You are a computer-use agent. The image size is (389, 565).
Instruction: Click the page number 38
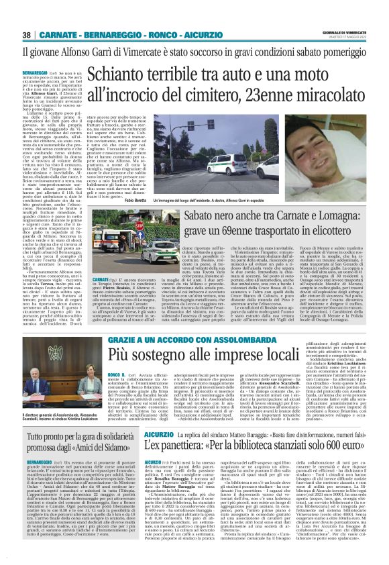(27, 34)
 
